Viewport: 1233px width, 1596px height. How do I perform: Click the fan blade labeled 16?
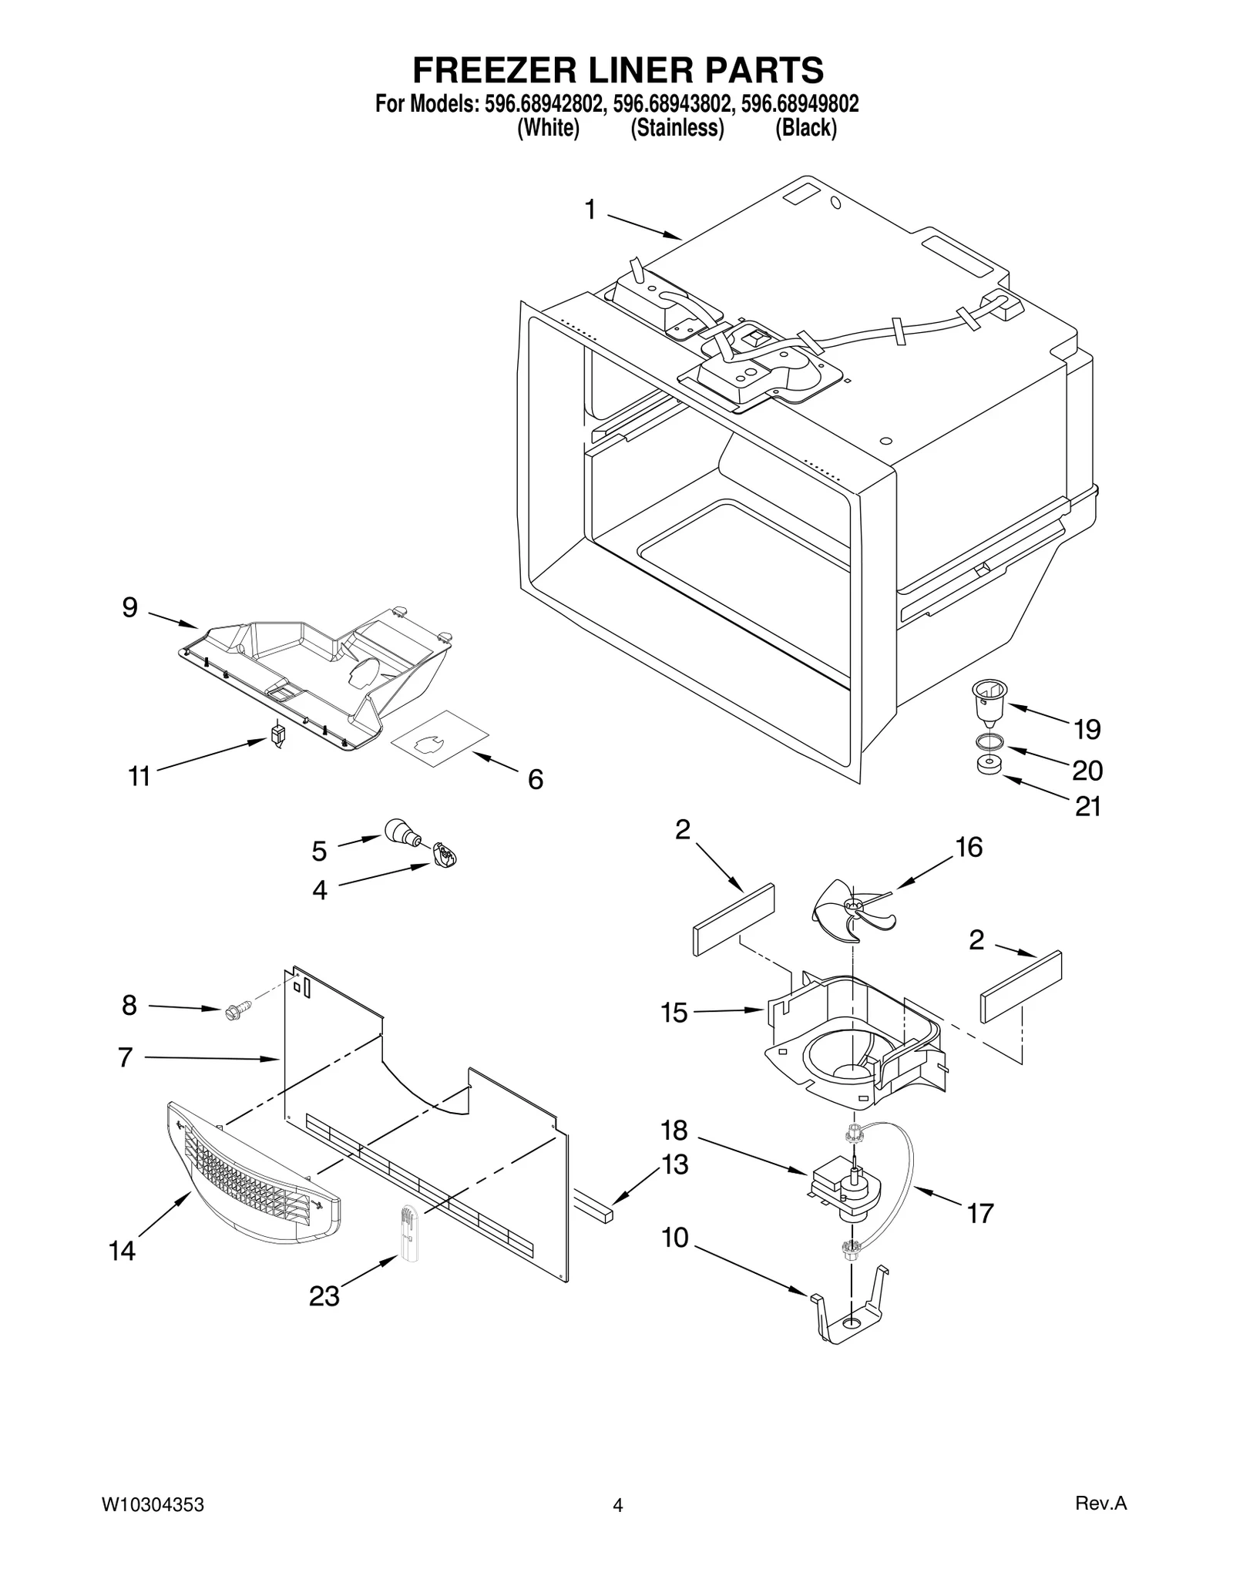[x=852, y=911]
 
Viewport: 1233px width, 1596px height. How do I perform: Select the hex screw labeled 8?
[x=236, y=1010]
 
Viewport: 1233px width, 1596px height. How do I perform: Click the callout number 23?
[x=324, y=1296]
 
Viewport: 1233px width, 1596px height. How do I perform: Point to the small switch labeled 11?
[x=278, y=734]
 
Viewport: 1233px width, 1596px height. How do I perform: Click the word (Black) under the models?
[x=805, y=127]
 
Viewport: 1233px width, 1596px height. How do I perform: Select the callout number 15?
[x=674, y=1013]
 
